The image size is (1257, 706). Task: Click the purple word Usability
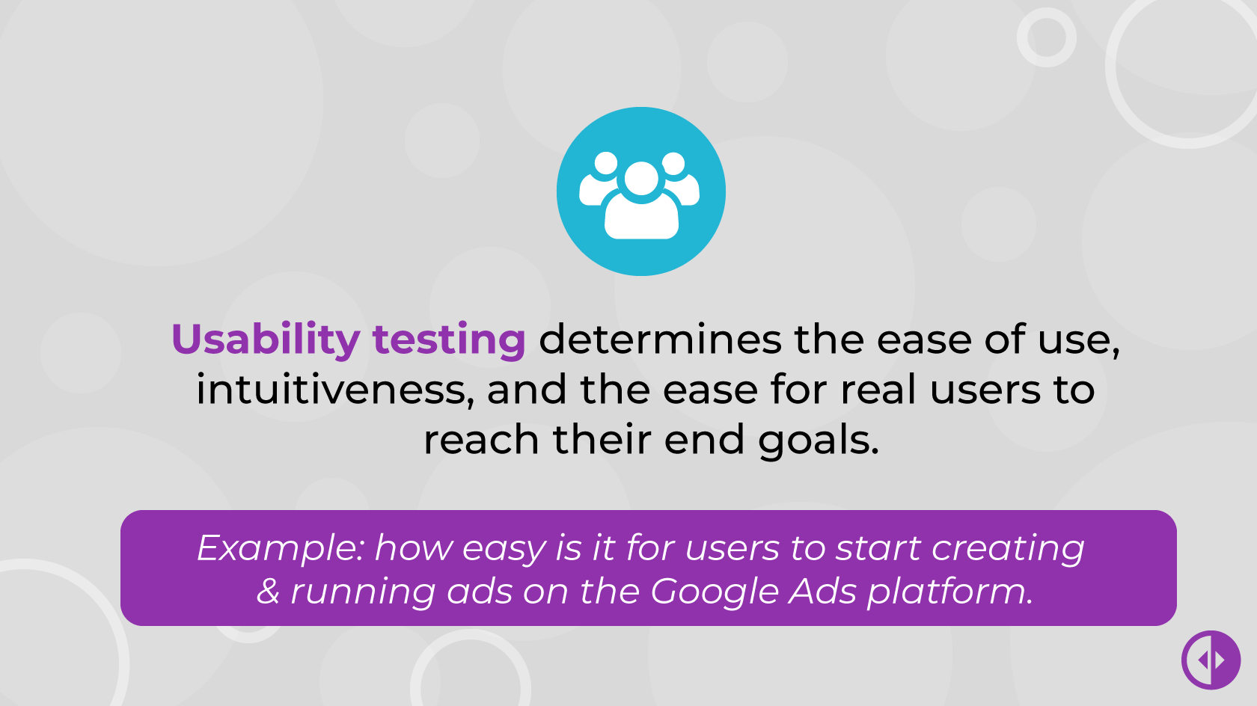click(266, 340)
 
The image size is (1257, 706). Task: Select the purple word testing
click(449, 340)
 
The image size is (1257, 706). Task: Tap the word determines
click(660, 340)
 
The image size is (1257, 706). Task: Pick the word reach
click(481, 439)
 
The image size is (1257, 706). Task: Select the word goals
click(819, 441)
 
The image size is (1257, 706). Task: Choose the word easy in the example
click(504, 549)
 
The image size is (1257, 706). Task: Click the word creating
click(1008, 549)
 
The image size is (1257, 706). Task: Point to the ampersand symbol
click(268, 591)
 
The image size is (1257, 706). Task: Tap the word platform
click(949, 592)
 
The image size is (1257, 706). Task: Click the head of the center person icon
click(640, 178)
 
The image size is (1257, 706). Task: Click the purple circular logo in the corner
click(1211, 660)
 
